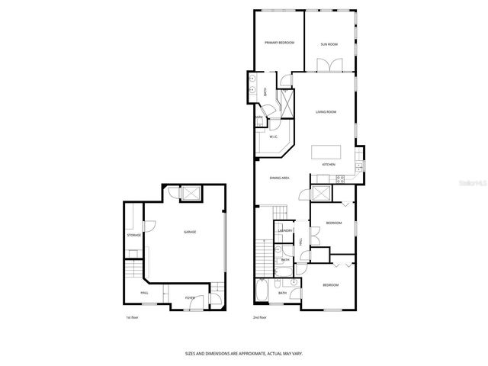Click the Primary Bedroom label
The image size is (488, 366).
(x=279, y=43)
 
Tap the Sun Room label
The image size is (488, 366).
(x=329, y=44)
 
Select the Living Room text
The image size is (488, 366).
(x=326, y=112)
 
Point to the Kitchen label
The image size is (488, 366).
(x=329, y=165)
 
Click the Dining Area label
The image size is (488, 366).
(x=279, y=178)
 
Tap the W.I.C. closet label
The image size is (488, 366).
(x=272, y=137)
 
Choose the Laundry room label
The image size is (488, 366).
(x=286, y=230)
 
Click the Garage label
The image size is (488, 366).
(x=189, y=232)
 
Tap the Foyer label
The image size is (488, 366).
(x=189, y=298)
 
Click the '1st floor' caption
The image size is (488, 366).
(x=133, y=317)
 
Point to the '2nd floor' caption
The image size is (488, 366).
(x=261, y=317)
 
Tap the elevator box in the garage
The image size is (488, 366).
(x=191, y=194)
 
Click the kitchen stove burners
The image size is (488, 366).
(x=340, y=180)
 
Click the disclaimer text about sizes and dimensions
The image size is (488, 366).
(x=243, y=353)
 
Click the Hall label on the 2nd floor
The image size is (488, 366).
(x=301, y=242)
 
